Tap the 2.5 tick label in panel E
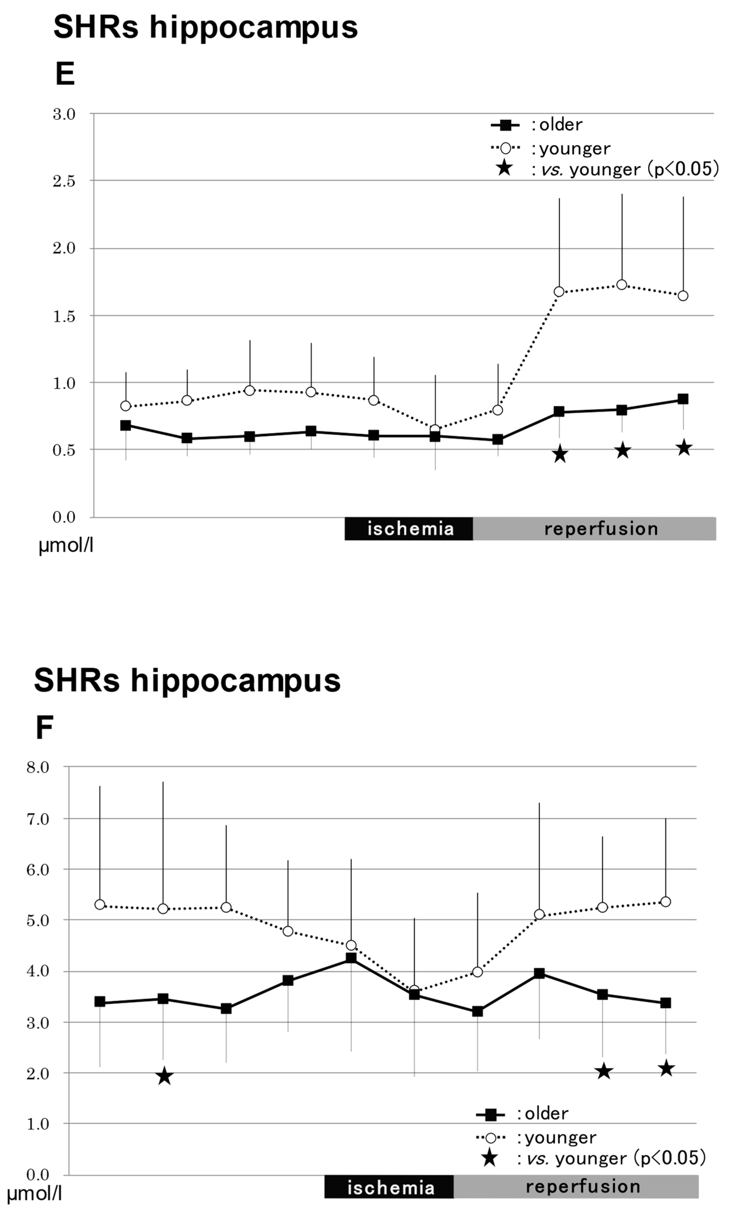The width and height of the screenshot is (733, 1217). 64,181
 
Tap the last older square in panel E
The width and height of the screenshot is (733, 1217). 683,399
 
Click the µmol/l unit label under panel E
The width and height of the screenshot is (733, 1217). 66,546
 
